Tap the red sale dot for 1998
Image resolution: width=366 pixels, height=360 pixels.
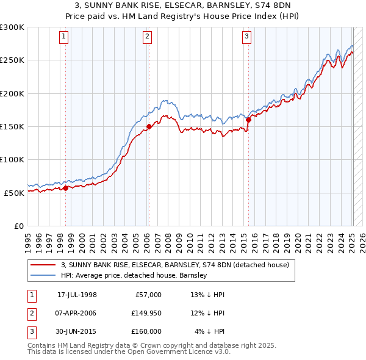[x=66, y=188]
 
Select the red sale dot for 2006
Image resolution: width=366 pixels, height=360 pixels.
[x=149, y=127]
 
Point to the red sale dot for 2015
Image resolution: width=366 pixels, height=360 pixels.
[x=248, y=120]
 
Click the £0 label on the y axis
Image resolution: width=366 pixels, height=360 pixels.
[x=18, y=226]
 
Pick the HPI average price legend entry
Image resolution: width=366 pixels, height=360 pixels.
[x=134, y=275]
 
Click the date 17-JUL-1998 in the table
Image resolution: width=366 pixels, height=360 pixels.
[x=77, y=295]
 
